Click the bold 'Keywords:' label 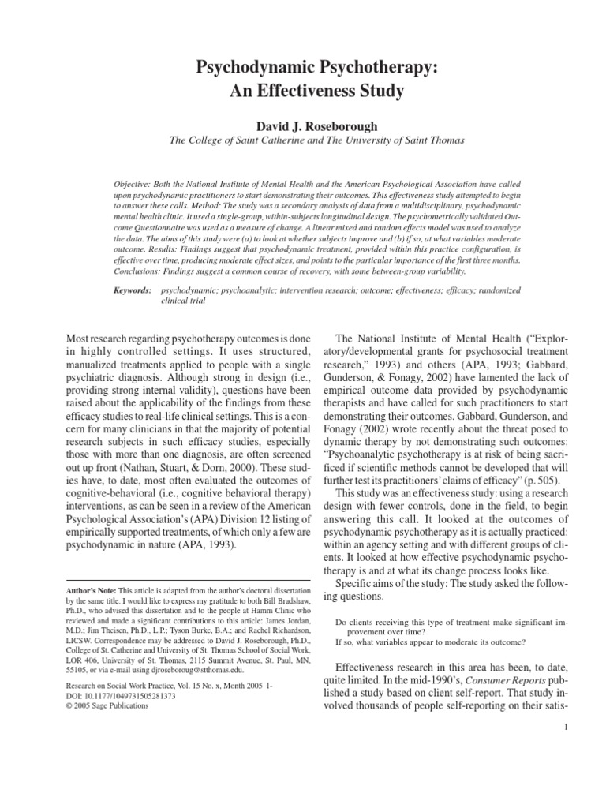(x=133, y=291)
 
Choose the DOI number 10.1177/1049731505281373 (x=131, y=696)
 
